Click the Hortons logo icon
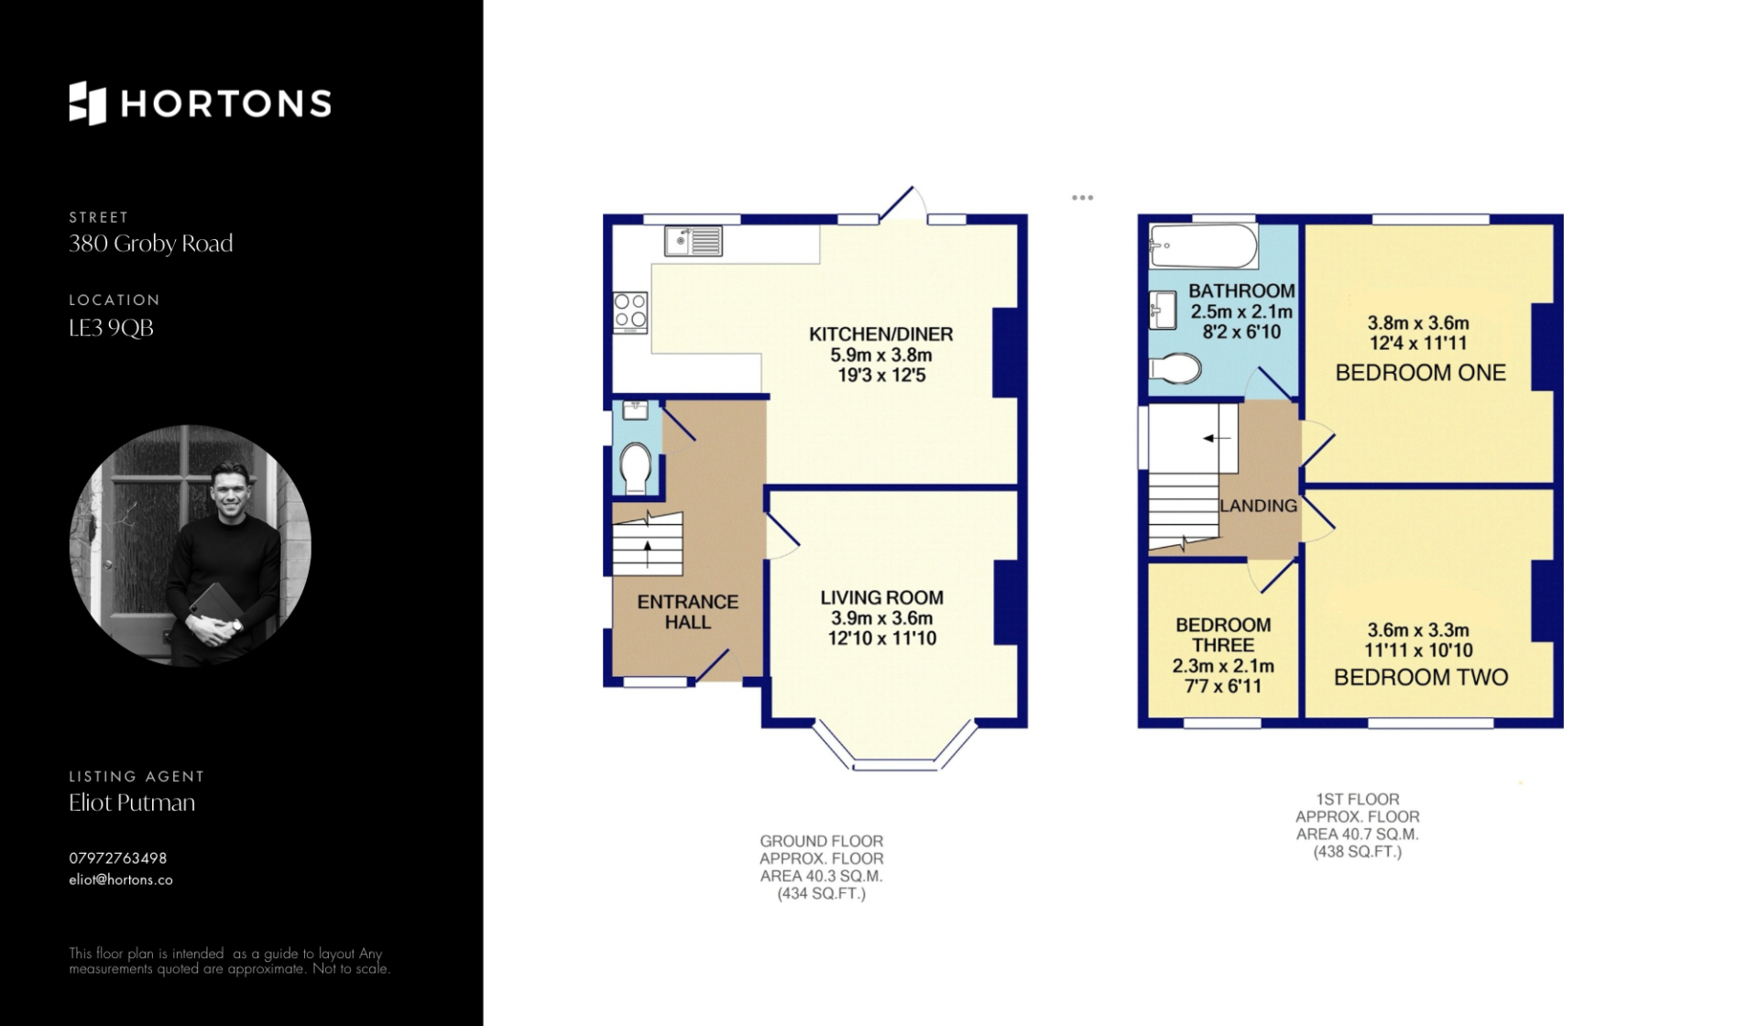88,103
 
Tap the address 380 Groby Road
151,244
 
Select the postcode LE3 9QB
111,328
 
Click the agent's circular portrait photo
191,545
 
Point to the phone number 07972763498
118,858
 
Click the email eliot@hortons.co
121,879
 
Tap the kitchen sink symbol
694,240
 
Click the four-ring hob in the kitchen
630,311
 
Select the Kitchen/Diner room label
880,334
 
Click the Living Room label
881,597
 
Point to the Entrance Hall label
688,612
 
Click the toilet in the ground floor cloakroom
635,467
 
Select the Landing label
1259,506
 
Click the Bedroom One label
1421,373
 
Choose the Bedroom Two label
1421,678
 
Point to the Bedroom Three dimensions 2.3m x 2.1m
1223,666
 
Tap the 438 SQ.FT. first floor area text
1358,852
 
